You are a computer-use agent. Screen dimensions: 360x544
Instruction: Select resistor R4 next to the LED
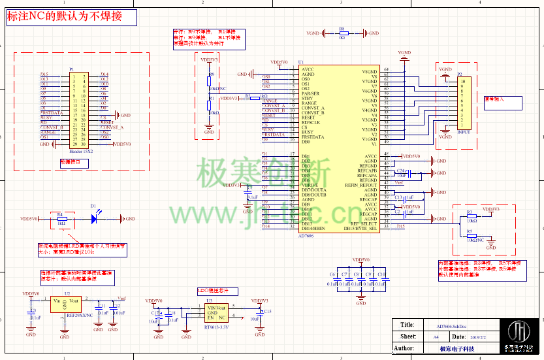coord(61,219)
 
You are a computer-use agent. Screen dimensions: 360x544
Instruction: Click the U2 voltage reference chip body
coord(65,305)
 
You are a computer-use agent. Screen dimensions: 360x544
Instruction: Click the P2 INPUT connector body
coord(464,105)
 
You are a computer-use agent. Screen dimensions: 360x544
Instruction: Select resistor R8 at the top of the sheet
coord(342,33)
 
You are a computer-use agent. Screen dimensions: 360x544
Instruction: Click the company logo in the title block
coord(520,336)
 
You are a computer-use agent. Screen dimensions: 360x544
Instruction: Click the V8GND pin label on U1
coord(370,72)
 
